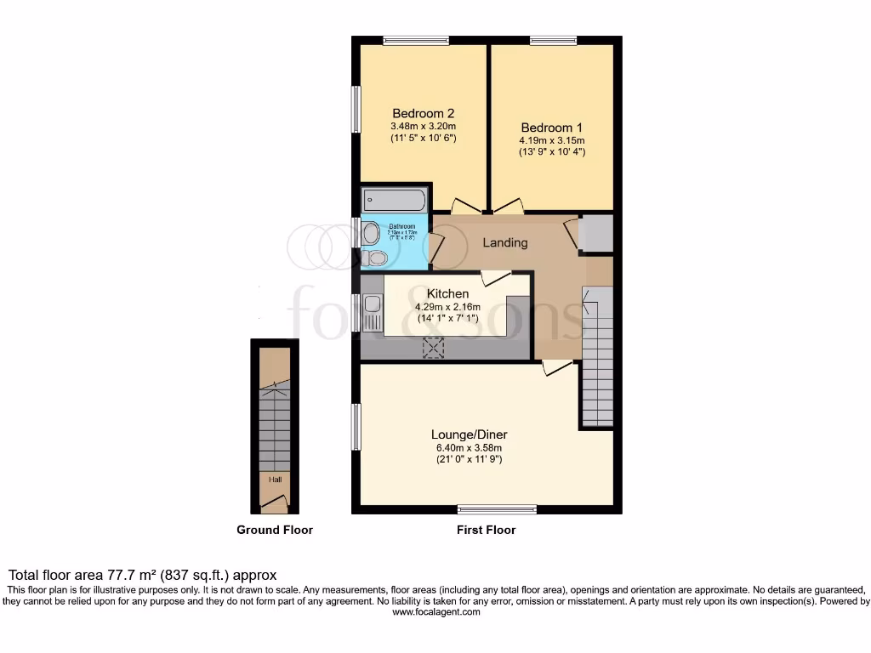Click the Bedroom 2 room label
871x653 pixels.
(x=423, y=113)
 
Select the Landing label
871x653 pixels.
(x=505, y=242)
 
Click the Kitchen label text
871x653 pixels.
(x=447, y=293)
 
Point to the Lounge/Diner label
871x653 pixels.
(x=470, y=434)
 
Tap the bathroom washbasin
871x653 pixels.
(x=370, y=232)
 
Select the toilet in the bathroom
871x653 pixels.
(x=373, y=257)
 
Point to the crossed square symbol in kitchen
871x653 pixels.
(x=435, y=346)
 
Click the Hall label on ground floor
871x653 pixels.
(x=276, y=480)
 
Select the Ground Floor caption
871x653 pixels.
(x=275, y=530)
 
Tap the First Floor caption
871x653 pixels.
(x=486, y=530)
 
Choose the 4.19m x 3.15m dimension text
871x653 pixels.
(x=552, y=140)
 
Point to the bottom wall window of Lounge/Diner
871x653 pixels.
(x=497, y=509)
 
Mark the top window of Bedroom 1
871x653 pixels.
(x=553, y=39)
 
